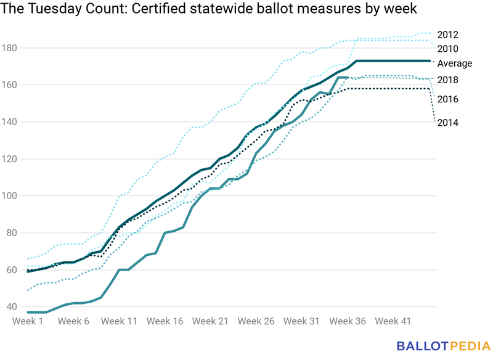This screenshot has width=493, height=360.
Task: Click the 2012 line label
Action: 447,35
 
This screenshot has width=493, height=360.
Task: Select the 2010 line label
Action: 447,49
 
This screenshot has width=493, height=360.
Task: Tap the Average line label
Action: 454,63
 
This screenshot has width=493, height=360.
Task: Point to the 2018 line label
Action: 447,80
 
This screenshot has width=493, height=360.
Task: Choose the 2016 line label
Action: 447,99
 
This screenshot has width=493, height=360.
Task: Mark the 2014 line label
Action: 447,123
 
